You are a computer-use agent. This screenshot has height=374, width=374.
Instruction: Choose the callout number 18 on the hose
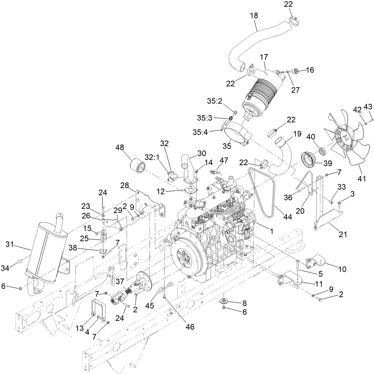pyautogui.click(x=254, y=16)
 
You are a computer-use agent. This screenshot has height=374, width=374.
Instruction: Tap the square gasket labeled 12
pyautogui.click(x=190, y=190)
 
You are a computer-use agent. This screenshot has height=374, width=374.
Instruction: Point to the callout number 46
pyautogui.click(x=190, y=327)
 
